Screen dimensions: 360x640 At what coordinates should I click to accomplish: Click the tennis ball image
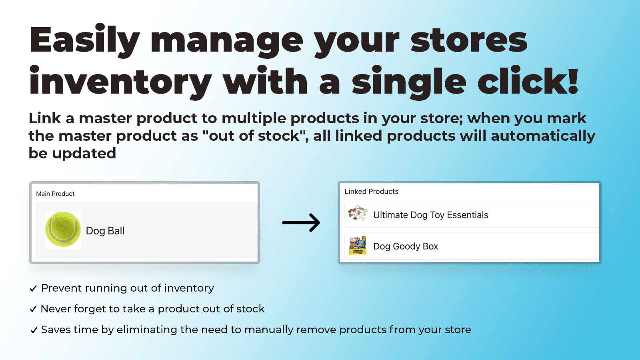[x=63, y=230]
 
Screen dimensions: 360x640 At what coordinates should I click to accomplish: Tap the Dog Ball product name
[x=105, y=231]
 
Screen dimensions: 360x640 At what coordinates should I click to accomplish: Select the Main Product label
[x=55, y=194]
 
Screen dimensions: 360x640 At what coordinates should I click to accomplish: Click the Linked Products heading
[x=371, y=191]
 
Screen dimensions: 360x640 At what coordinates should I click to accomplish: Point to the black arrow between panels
[x=301, y=222]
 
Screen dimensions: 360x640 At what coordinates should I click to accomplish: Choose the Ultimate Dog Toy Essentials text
[x=430, y=215]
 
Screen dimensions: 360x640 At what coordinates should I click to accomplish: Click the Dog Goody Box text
[x=405, y=246]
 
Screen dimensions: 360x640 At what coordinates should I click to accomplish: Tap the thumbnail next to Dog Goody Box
[x=357, y=245]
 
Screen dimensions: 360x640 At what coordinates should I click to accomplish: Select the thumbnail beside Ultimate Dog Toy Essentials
[x=357, y=214]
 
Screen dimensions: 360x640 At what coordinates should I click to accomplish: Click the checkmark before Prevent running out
[x=33, y=288]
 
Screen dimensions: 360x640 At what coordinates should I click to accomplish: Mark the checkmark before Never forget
[x=33, y=309]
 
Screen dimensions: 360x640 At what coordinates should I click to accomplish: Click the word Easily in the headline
[x=84, y=40]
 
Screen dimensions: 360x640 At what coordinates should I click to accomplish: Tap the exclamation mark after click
[x=573, y=81]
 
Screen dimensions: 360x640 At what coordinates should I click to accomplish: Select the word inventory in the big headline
[x=120, y=82]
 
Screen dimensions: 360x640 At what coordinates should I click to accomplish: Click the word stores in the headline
[x=469, y=40]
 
